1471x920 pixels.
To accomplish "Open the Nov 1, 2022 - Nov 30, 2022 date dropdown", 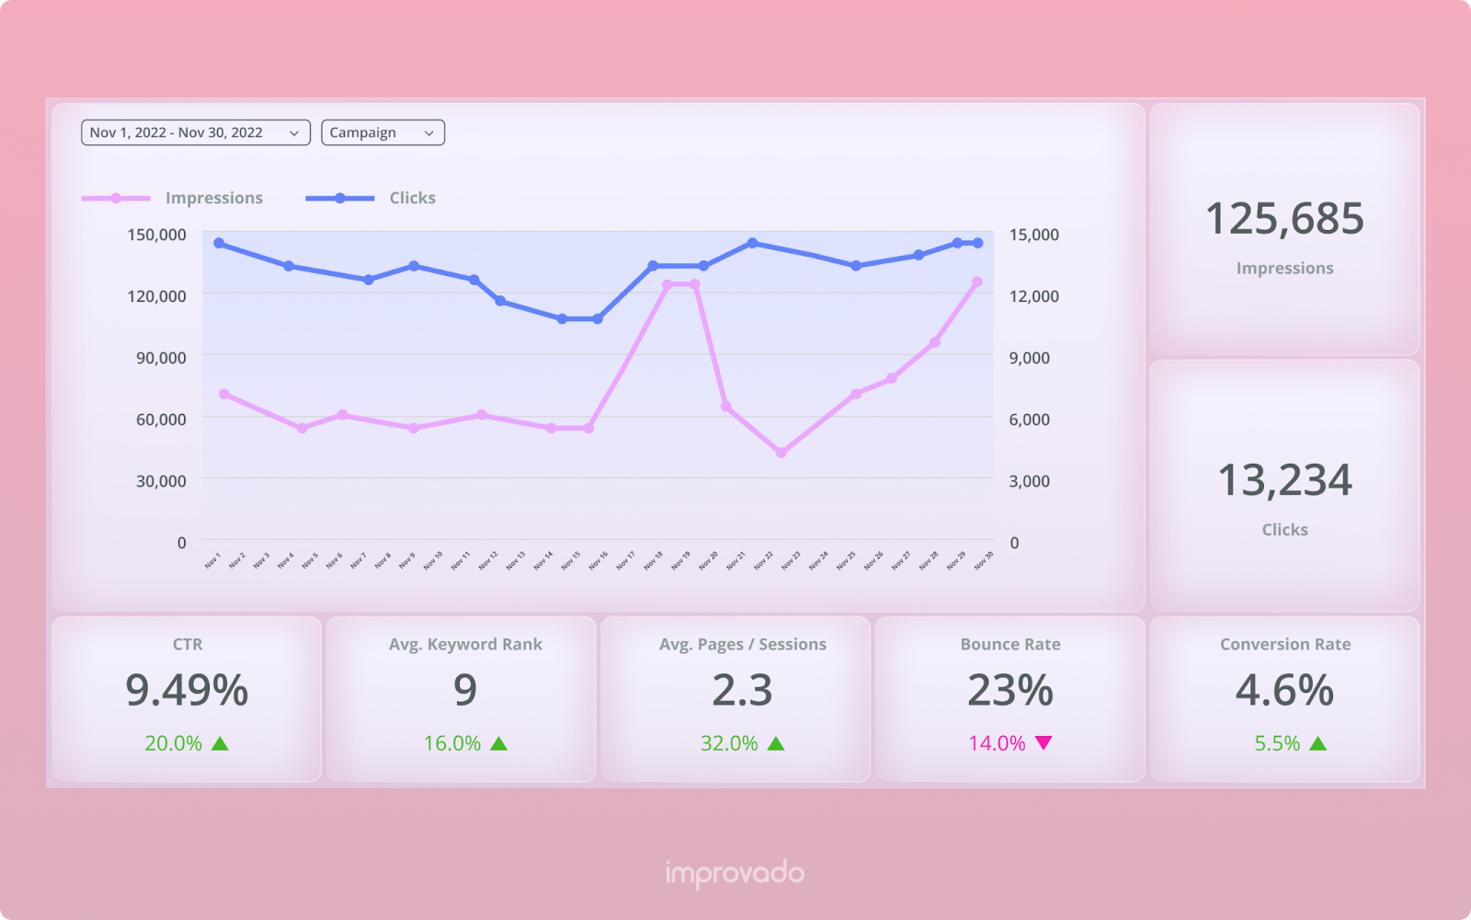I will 195,132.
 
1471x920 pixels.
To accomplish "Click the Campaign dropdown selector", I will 382,132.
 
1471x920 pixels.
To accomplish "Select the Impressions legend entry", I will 213,198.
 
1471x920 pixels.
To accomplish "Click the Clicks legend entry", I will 412,198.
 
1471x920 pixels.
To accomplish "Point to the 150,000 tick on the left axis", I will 156,235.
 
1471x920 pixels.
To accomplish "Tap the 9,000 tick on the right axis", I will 1030,358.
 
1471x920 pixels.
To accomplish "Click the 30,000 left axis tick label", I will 161,481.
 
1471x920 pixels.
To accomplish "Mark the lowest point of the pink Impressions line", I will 781,453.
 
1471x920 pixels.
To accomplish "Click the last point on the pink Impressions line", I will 976,282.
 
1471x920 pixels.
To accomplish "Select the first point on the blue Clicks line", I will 219,243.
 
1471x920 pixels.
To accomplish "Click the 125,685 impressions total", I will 1284,219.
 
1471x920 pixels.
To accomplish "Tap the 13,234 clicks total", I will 1284,480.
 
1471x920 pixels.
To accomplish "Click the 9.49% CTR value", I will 187,690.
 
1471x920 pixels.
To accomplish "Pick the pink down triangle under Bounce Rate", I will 1043,742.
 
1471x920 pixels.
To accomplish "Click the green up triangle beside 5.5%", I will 1318,743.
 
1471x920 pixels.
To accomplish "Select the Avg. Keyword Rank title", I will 465,644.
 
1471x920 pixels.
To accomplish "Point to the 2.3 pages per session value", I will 742,690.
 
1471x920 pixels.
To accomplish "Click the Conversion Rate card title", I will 1285,644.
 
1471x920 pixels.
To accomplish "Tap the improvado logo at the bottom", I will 735,873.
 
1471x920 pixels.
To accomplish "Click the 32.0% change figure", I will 729,743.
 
